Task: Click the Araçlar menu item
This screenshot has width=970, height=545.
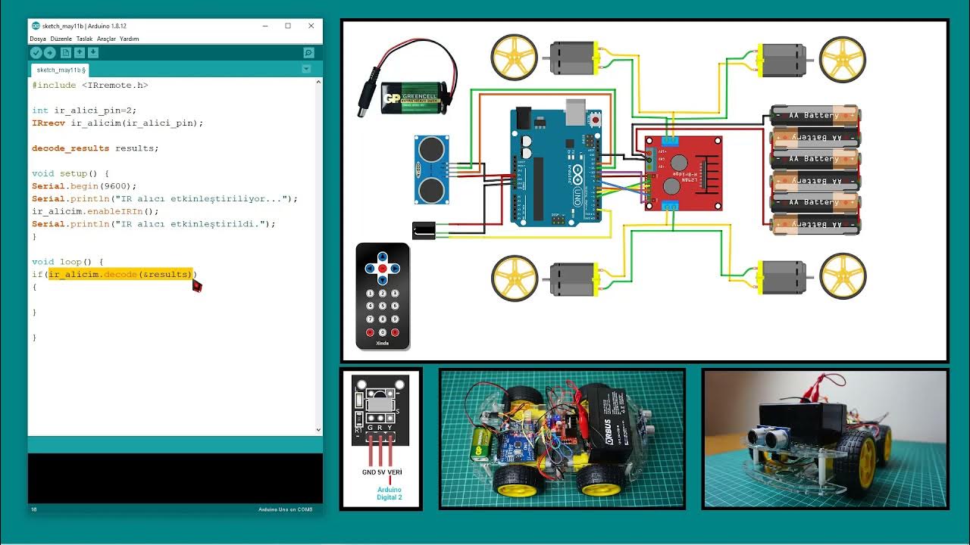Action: pyautogui.click(x=105, y=39)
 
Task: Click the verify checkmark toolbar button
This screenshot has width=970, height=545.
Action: pyautogui.click(x=36, y=52)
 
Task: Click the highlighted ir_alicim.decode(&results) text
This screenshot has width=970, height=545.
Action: pyautogui.click(x=120, y=274)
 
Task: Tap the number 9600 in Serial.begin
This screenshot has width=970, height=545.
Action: pyautogui.click(x=121, y=186)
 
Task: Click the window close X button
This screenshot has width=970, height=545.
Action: pyautogui.click(x=311, y=26)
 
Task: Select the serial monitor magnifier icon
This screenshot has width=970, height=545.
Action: pyautogui.click(x=308, y=52)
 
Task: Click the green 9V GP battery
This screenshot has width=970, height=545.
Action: pyautogui.click(x=409, y=98)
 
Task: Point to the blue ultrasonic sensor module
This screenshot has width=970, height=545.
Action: pyautogui.click(x=431, y=170)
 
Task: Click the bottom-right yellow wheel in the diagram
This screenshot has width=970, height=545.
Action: pyautogui.click(x=843, y=277)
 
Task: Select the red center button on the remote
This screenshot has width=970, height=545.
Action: pyautogui.click(x=383, y=269)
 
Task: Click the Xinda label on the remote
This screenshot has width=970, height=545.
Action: pyautogui.click(x=383, y=343)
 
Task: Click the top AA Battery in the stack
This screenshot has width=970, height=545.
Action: pyautogui.click(x=815, y=116)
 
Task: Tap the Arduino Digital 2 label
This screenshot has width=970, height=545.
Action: pyautogui.click(x=389, y=494)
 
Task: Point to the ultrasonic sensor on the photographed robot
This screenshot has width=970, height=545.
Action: pyautogui.click(x=773, y=439)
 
